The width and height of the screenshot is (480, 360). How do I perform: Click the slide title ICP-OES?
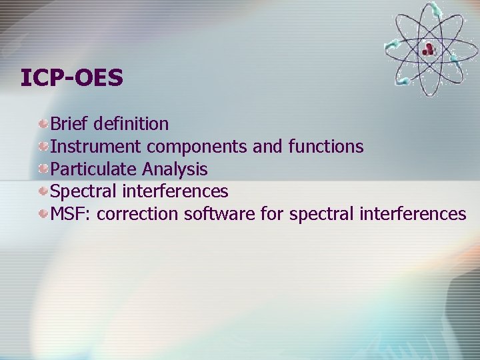tap(72, 78)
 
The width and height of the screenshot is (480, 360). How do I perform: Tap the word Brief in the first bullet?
tap(70, 124)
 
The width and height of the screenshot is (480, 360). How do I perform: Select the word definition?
tap(131, 124)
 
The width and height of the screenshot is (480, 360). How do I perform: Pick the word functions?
tap(326, 147)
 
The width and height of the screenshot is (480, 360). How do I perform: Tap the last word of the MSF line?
tap(413, 214)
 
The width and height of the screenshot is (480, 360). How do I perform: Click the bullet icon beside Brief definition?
tap(43, 123)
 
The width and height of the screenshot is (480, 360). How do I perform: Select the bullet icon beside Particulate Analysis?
tap(43, 169)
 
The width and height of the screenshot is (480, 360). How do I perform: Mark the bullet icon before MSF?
tap(43, 213)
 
